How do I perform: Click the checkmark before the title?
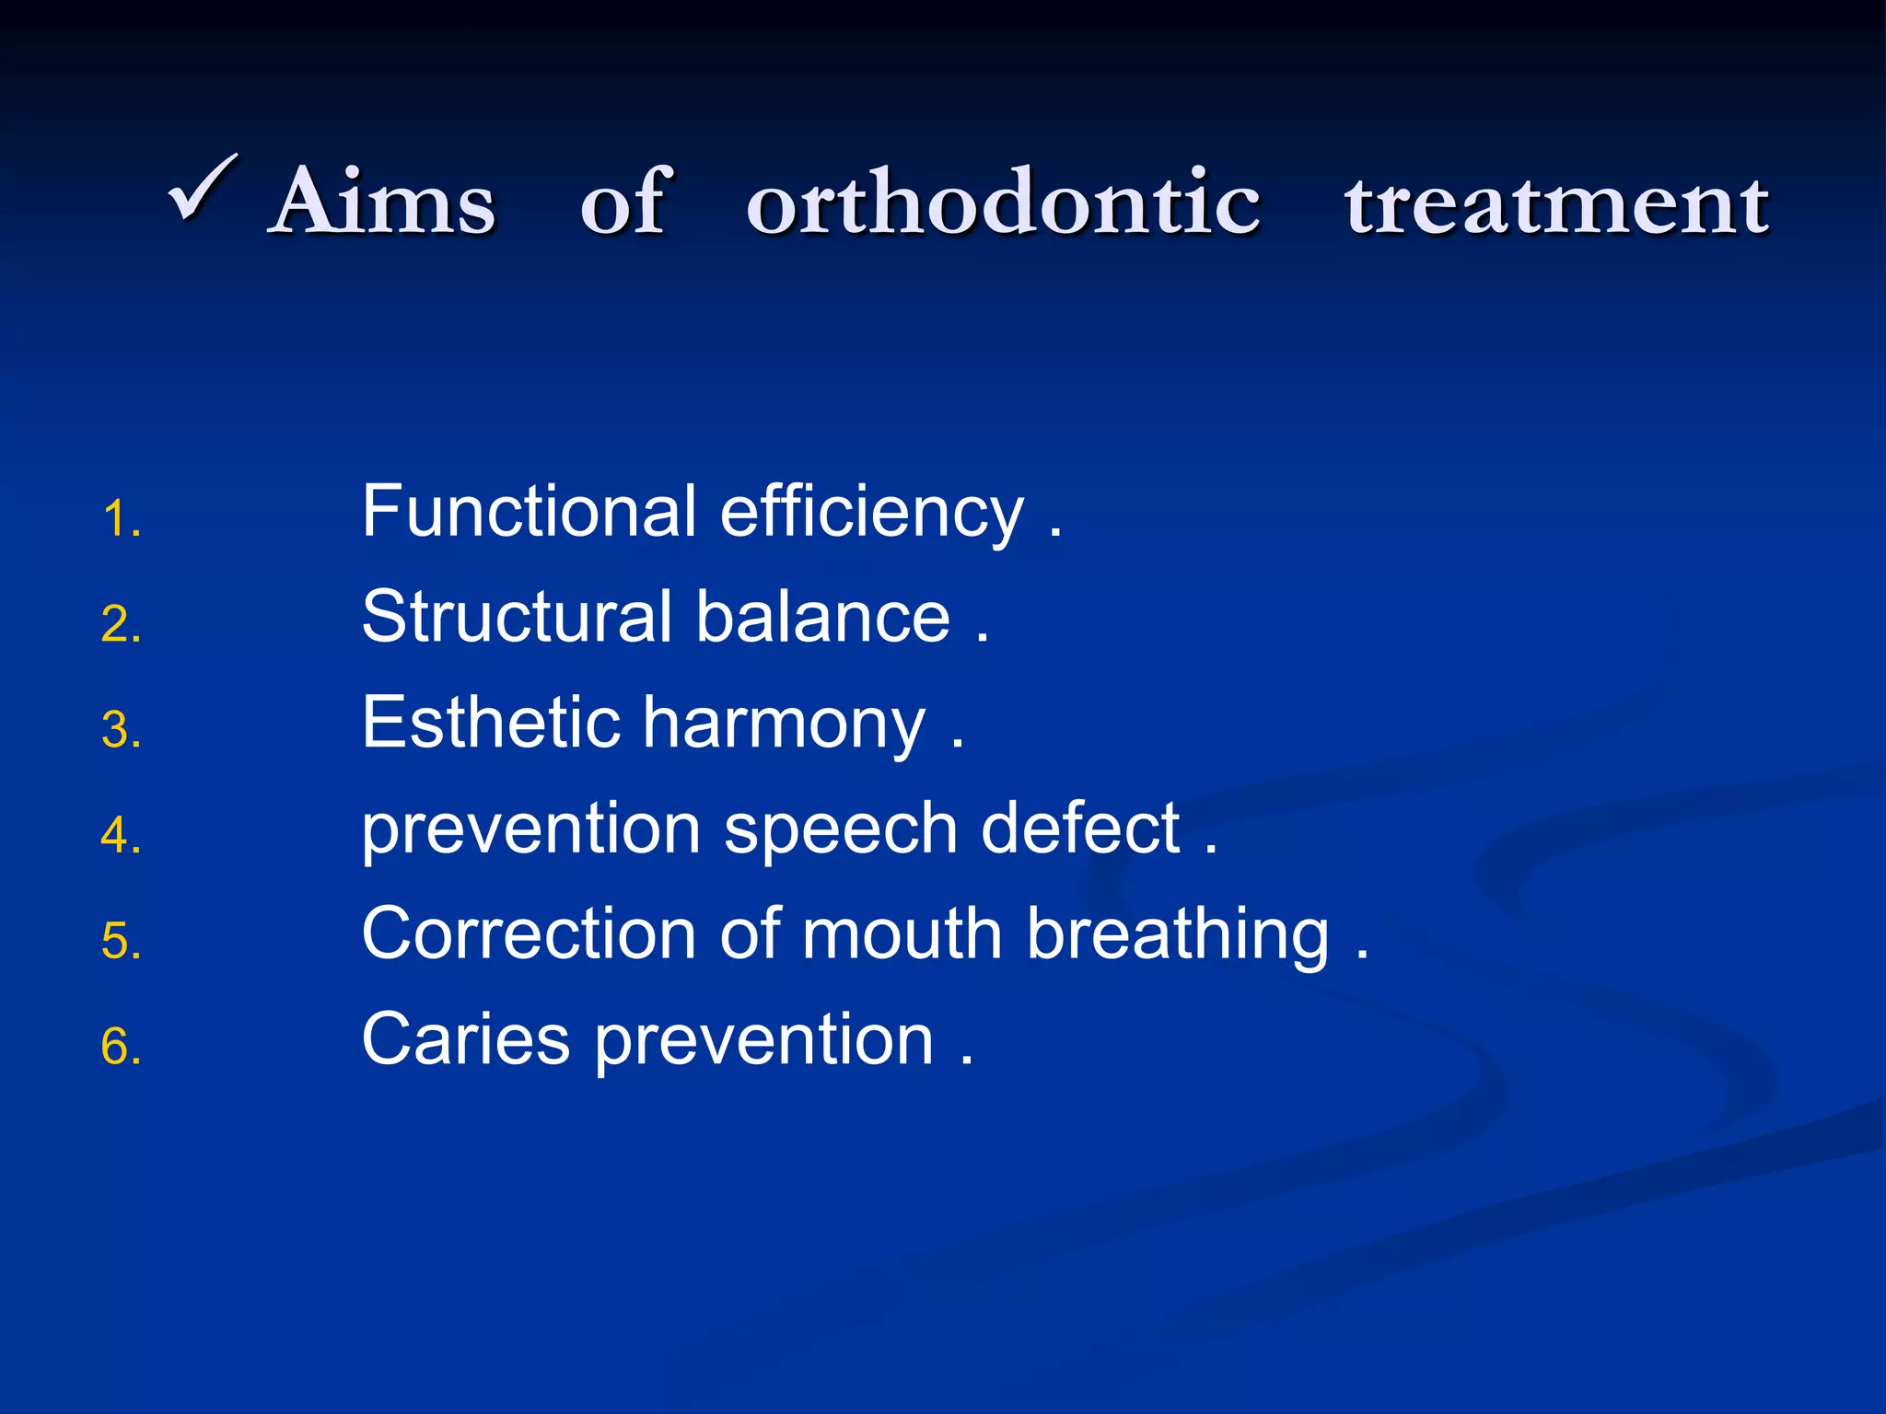click(204, 189)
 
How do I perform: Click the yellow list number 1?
click(121, 519)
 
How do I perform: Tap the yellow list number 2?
click(121, 625)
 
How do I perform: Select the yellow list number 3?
click(121, 731)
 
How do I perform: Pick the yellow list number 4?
click(121, 836)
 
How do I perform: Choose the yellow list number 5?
click(121, 942)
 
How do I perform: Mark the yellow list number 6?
click(121, 1048)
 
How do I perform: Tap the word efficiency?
click(871, 514)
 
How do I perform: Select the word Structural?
click(517, 617)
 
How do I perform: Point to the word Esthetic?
click(491, 723)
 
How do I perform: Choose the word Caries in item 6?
click(465, 1039)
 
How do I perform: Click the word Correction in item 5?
click(529, 934)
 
